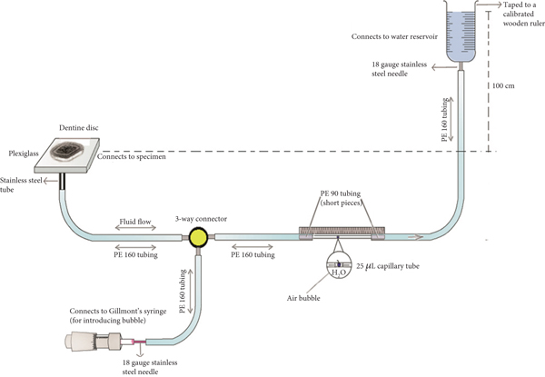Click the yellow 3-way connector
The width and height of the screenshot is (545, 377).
tap(195, 238)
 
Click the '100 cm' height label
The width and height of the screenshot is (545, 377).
tap(501, 84)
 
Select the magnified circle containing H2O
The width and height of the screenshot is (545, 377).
tap(336, 266)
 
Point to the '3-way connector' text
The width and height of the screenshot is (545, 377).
tap(203, 218)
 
